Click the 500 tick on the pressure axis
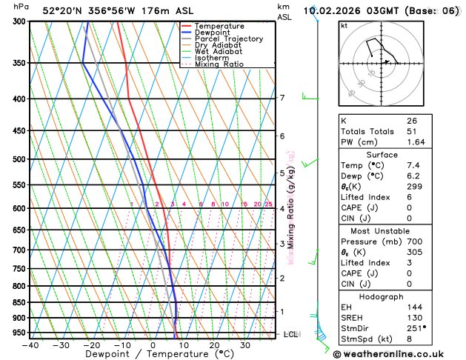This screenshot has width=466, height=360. (21, 159)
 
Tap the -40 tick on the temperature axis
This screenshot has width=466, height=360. (30, 344)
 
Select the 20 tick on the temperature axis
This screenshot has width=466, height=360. (214, 344)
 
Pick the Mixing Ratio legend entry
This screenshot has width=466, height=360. (219, 64)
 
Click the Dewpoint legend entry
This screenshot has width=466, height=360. (212, 33)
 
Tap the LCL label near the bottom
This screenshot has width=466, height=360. (291, 335)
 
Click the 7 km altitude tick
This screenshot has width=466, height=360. (282, 98)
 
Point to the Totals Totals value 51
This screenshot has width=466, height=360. (412, 131)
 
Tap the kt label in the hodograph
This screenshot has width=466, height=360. (344, 26)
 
